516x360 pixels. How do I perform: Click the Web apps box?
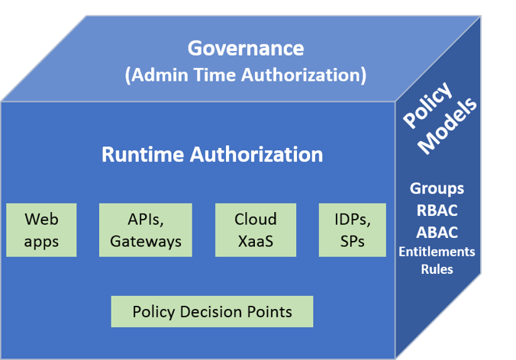pyautogui.click(x=41, y=230)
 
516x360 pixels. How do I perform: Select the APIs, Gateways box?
pyautogui.click(x=146, y=230)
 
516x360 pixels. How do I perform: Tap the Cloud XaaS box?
pyautogui.click(x=256, y=230)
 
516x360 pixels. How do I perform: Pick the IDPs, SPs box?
pyautogui.click(x=353, y=230)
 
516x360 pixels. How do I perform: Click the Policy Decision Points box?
pyautogui.click(x=212, y=312)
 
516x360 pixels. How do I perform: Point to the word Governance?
pyautogui.click(x=246, y=48)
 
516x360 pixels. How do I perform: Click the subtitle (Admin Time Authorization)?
pyautogui.click(x=246, y=76)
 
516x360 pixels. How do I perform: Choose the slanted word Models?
pyautogui.click(x=451, y=127)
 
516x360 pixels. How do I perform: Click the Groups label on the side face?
pyautogui.click(x=437, y=188)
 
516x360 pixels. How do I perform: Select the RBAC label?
pyautogui.click(x=437, y=211)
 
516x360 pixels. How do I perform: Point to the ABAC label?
pyautogui.click(x=437, y=232)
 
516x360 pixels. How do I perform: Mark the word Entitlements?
pyautogui.click(x=437, y=252)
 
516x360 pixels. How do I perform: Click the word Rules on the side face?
pyautogui.click(x=437, y=269)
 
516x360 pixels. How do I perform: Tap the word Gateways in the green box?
pyautogui.click(x=146, y=242)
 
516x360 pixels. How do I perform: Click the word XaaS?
pyautogui.click(x=256, y=242)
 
